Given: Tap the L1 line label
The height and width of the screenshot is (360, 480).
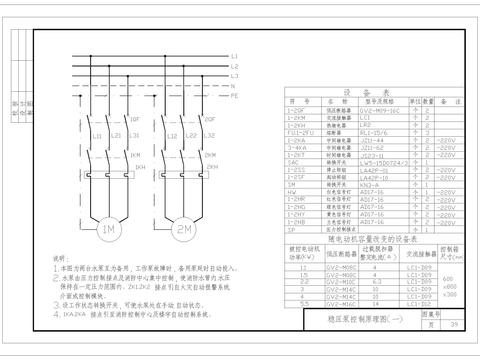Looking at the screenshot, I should [x=234, y=56].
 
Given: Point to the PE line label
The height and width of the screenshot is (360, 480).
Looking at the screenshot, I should [x=235, y=96].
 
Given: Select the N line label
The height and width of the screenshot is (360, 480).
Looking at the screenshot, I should [x=234, y=86].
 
